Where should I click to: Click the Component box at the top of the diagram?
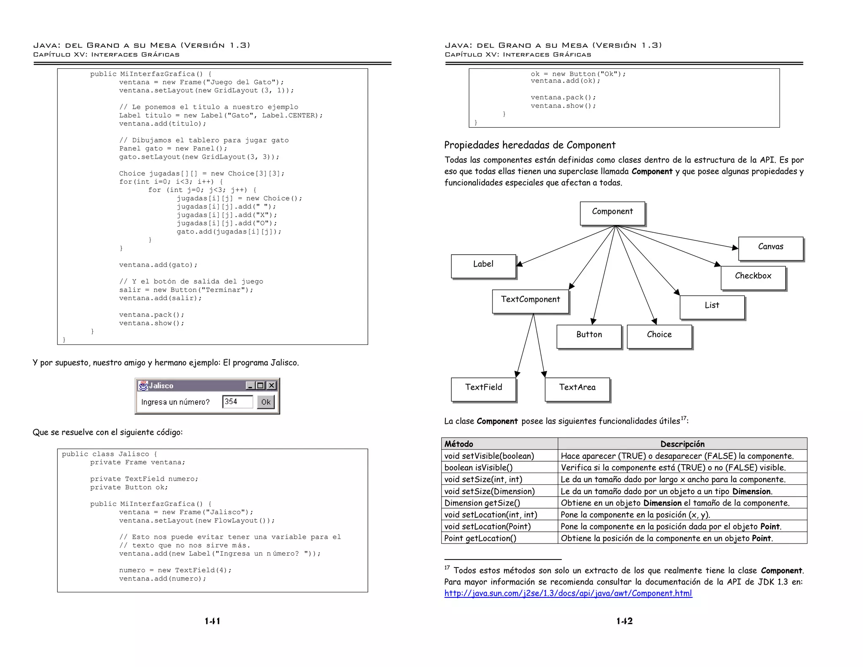click(612, 213)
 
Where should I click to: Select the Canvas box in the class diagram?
click(771, 248)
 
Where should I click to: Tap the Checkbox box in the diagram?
click(753, 277)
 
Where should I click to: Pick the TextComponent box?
click(531, 301)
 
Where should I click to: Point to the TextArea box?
click(577, 389)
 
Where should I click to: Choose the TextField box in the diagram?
click(483, 389)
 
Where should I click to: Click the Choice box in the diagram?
click(659, 336)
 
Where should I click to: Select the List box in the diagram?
click(712, 307)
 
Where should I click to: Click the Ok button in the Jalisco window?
click(266, 402)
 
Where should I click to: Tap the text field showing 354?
click(238, 402)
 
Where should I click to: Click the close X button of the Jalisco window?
click(272, 385)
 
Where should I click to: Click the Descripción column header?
click(682, 444)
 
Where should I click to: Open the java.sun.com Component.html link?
click(568, 594)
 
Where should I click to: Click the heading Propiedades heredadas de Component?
click(530, 145)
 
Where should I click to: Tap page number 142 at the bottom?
click(624, 621)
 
